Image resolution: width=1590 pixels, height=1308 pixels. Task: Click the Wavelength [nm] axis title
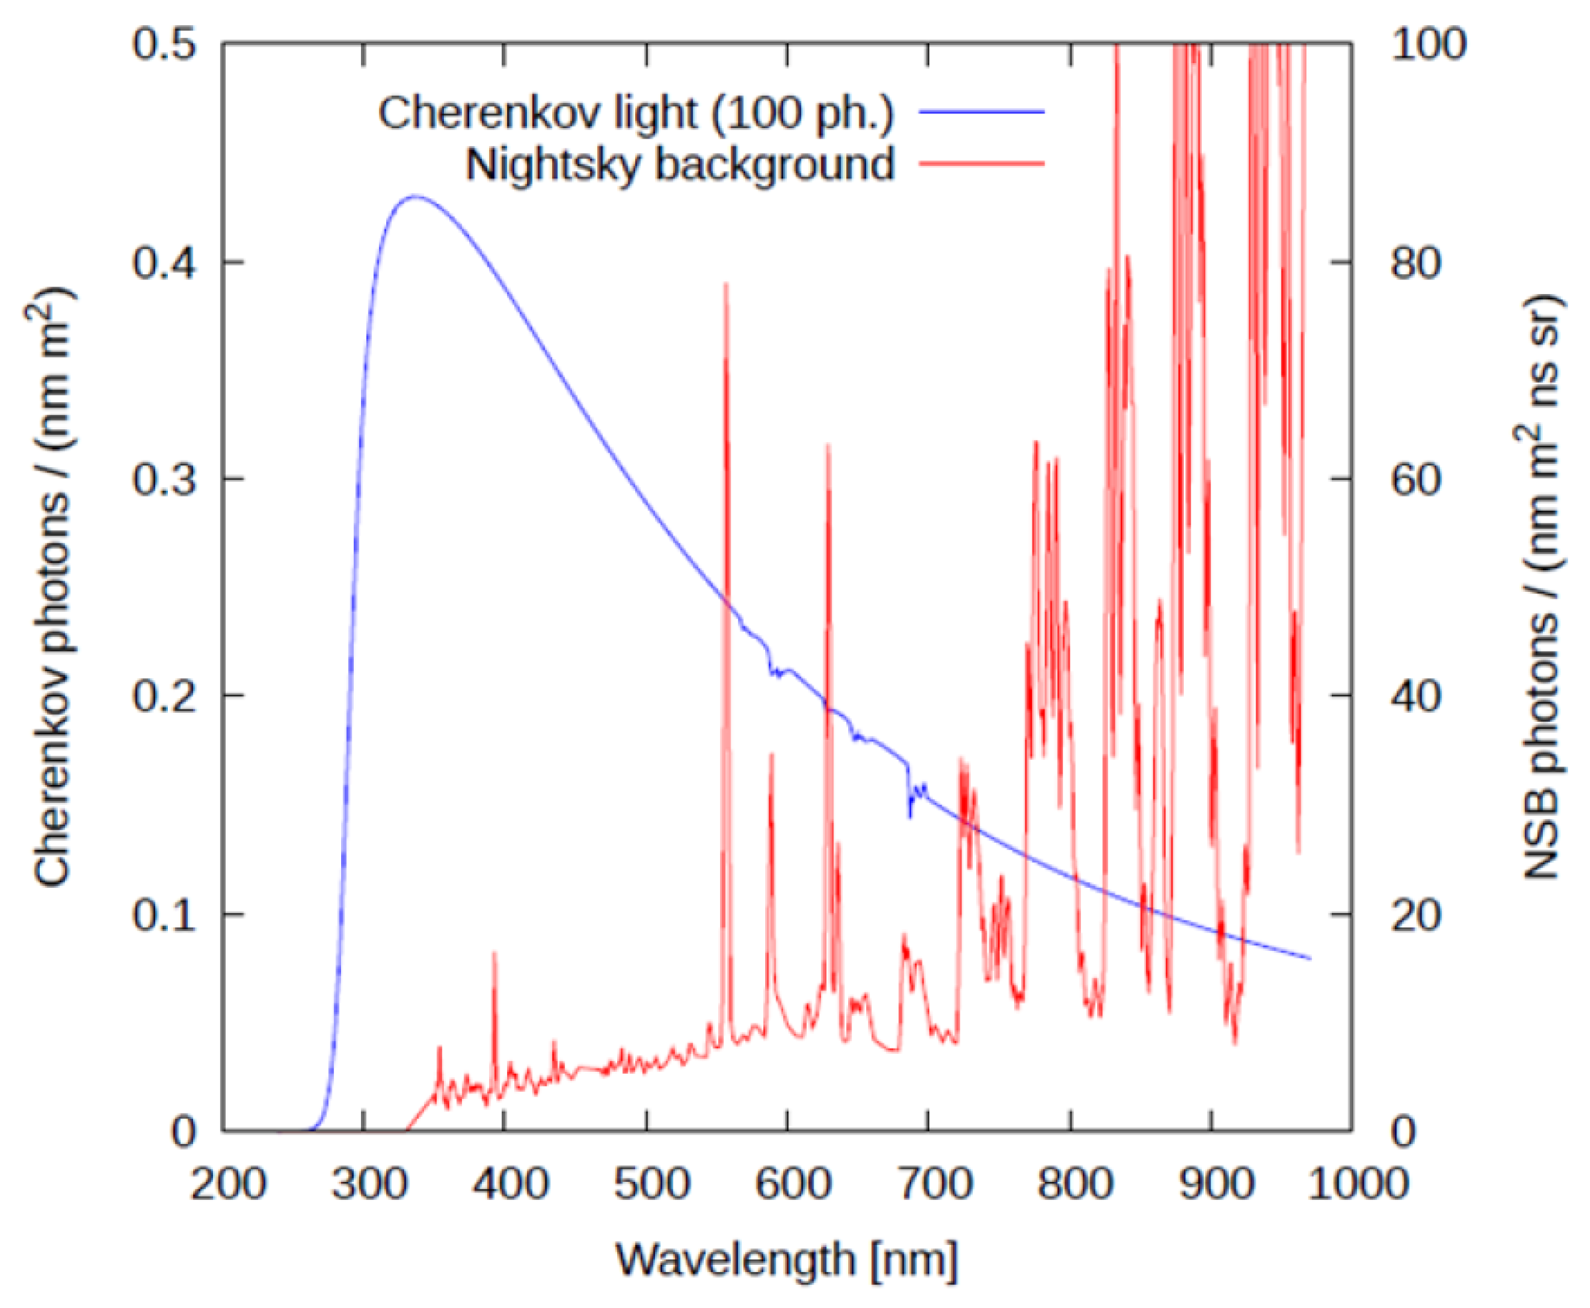coord(787,1258)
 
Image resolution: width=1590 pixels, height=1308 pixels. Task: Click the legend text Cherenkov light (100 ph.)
coord(635,113)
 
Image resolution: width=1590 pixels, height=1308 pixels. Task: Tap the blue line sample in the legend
coord(981,111)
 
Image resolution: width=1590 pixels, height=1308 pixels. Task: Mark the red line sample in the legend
coord(981,163)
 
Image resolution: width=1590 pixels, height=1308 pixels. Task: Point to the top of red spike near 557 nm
coord(726,284)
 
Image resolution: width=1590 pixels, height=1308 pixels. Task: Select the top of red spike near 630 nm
coord(828,446)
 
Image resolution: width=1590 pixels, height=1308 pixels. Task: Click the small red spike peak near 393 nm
coord(494,953)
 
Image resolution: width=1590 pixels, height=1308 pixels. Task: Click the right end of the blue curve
coord(1310,958)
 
